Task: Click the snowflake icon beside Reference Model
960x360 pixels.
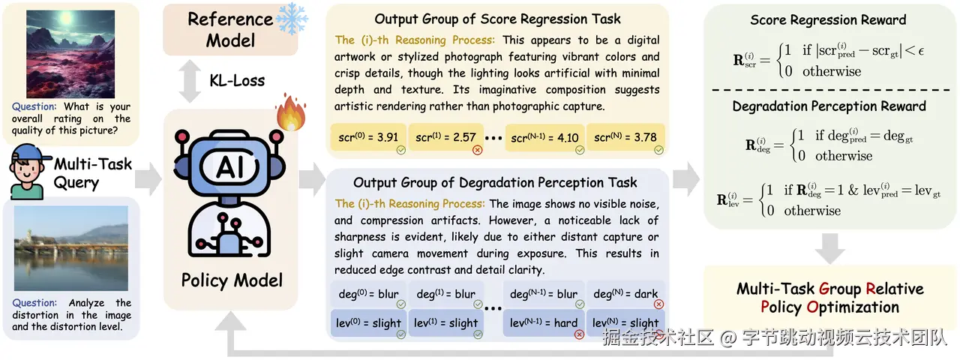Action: (292, 19)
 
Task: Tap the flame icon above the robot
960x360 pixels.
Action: (291, 112)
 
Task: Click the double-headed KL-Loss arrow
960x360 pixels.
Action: (190, 82)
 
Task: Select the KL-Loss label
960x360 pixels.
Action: (237, 80)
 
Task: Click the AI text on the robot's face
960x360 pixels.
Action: (230, 166)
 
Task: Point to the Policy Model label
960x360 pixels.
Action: (232, 280)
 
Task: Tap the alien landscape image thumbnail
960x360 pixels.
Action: (70, 55)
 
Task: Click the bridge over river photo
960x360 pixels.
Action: (71, 248)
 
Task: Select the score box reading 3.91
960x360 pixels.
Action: (368, 137)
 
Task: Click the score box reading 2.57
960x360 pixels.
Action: (445, 137)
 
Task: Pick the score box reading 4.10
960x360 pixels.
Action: (544, 137)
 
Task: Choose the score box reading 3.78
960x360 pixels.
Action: (625, 137)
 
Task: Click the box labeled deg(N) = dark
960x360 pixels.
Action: (625, 294)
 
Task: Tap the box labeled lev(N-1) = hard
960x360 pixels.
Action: (544, 322)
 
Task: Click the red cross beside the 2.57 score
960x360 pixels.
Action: (478, 150)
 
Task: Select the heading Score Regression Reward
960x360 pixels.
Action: (828, 19)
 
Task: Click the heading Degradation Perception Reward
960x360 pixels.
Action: (829, 106)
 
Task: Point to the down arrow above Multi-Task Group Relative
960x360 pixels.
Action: (830, 248)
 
